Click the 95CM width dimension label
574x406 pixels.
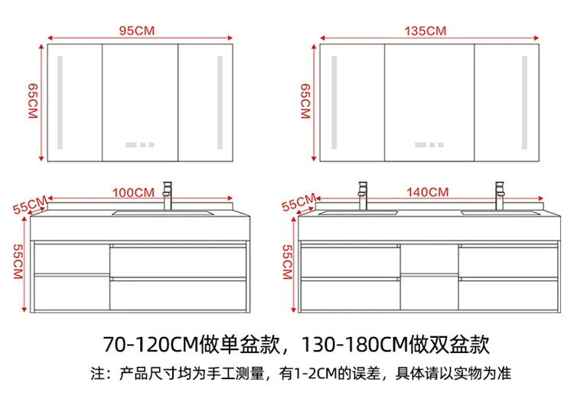click(137, 31)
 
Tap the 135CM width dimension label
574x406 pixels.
click(426, 31)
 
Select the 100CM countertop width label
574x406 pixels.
click(133, 193)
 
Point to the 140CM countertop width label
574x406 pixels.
click(427, 192)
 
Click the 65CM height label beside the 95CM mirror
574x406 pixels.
click(33, 101)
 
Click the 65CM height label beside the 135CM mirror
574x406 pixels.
click(305, 101)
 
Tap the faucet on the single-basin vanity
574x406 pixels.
click(168, 195)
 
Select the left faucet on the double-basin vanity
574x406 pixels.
click(363, 195)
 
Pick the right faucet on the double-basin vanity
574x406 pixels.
click(500, 195)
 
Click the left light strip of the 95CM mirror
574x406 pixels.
click(60, 102)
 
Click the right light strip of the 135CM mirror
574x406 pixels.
click(524, 102)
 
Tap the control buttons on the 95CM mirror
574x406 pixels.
click(140, 145)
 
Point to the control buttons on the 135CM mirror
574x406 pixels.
click(429, 145)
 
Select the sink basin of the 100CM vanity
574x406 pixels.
click(163, 212)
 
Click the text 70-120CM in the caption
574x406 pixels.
click(151, 344)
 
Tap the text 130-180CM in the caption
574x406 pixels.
click(354, 344)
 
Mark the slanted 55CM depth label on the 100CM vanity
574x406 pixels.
click(30, 205)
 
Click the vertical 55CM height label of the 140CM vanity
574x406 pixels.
click(287, 262)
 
